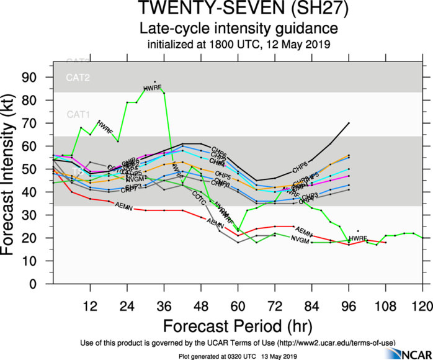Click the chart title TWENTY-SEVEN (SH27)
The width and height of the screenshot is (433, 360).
pos(238,11)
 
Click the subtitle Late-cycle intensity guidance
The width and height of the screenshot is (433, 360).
pos(239,29)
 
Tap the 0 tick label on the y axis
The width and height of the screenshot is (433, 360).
pos(41,284)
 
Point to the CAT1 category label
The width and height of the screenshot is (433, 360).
pos(78,115)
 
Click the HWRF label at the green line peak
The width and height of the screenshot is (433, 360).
pos(152,89)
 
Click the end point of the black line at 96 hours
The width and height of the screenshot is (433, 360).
pos(349,123)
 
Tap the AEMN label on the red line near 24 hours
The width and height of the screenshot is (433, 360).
pos(124,207)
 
